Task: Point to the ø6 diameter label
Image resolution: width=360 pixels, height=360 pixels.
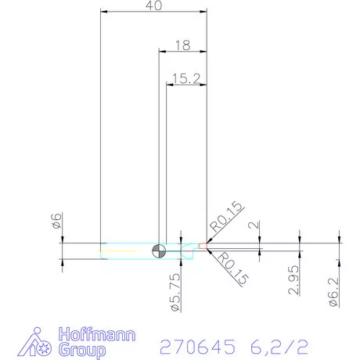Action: tap(56, 222)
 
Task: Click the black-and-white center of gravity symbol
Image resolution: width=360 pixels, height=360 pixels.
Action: tap(160, 250)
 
